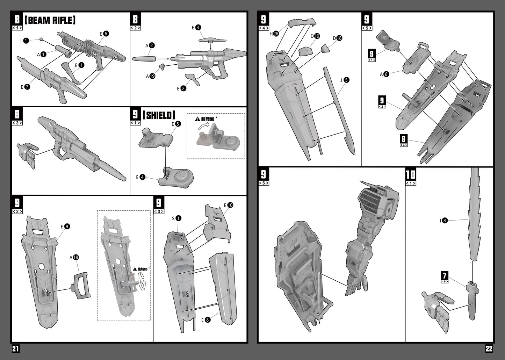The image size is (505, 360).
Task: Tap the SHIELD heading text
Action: (159, 115)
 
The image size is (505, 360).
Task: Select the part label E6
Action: (104, 34)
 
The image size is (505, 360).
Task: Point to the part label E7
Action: (25, 87)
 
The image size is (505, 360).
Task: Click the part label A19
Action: (151, 76)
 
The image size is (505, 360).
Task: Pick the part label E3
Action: (196, 27)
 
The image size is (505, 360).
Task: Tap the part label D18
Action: (338, 38)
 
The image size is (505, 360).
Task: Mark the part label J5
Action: (345, 80)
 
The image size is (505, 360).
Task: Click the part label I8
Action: (443, 221)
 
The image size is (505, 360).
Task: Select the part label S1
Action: (176, 218)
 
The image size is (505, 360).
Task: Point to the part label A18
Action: (74, 258)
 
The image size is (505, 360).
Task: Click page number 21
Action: (16, 349)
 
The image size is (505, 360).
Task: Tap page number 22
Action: (489, 349)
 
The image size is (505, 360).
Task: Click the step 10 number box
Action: (411, 174)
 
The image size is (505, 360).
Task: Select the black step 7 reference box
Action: (445, 276)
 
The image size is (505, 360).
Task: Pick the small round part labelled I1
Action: (41, 39)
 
